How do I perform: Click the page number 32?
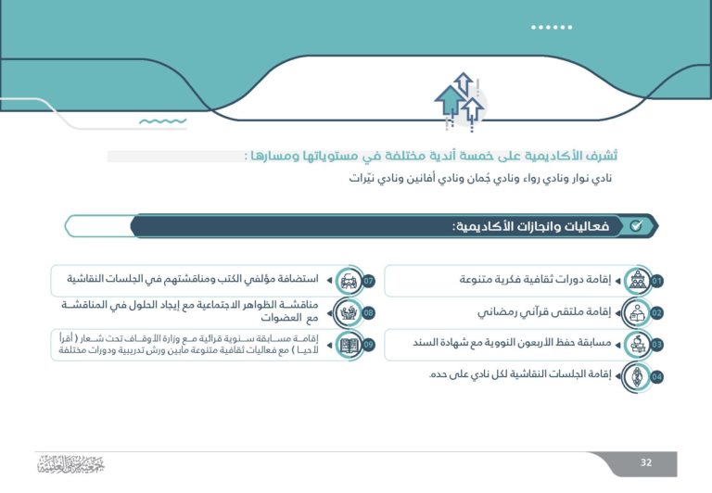(646, 462)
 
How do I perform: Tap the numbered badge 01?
(656, 281)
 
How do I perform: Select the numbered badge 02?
(656, 313)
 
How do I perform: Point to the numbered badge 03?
(656, 345)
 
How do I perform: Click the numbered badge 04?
(656, 377)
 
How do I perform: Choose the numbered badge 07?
(368, 281)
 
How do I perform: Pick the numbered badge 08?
(368, 313)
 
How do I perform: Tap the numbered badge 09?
(368, 345)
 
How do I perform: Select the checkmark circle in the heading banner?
(635, 226)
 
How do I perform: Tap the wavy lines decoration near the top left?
(162, 121)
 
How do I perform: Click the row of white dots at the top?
(551, 27)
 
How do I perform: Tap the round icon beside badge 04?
(638, 376)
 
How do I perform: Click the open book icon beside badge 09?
(350, 345)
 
